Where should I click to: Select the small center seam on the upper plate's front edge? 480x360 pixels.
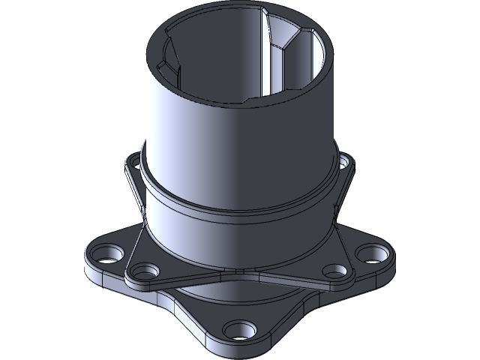click(x=238, y=271)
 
